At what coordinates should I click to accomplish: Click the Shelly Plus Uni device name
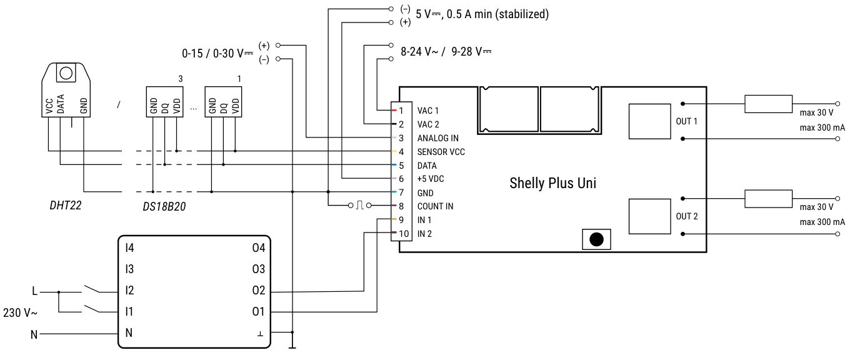(x=552, y=184)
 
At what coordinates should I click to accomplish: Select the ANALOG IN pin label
(x=437, y=138)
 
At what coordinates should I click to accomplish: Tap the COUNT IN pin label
(x=435, y=206)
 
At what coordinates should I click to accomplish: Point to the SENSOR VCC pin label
(x=441, y=152)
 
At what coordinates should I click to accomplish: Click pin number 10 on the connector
(x=404, y=234)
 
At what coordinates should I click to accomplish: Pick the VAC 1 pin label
(x=428, y=111)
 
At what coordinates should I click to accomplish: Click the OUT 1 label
(x=686, y=121)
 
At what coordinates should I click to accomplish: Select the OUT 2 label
(x=686, y=216)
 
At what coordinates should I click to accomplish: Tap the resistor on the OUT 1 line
(x=768, y=104)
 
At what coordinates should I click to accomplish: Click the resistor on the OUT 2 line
(x=768, y=199)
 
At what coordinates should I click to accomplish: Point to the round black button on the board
(x=597, y=239)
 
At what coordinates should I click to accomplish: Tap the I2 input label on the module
(x=129, y=291)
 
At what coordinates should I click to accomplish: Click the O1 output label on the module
(x=259, y=311)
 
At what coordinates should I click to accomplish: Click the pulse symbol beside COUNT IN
(x=359, y=206)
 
